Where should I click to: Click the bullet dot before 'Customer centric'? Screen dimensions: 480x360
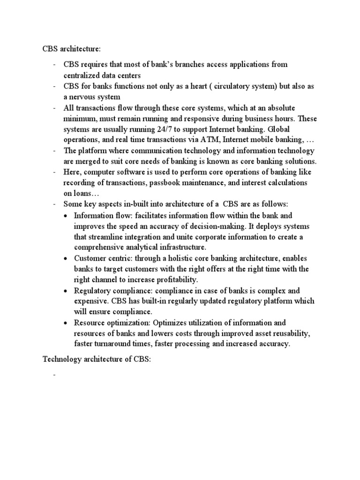(67, 258)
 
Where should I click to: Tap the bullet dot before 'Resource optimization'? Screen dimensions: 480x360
(67, 322)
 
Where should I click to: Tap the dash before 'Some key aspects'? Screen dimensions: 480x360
(54, 204)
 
